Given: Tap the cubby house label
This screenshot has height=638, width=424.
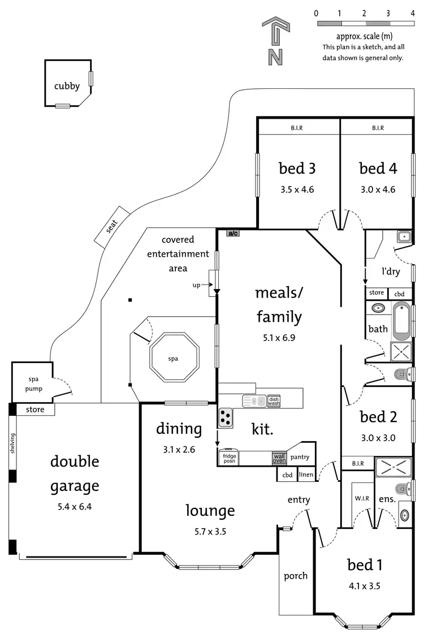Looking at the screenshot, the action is pyautogui.click(x=67, y=87).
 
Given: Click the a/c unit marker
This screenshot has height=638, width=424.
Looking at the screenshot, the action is pyautogui.click(x=232, y=232).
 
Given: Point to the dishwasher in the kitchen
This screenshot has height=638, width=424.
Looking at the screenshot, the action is pyautogui.click(x=274, y=401).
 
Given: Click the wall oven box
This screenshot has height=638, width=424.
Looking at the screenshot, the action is pyautogui.click(x=279, y=458).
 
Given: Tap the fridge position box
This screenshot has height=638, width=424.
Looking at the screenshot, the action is pyautogui.click(x=229, y=458).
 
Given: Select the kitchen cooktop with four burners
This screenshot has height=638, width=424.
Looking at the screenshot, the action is pyautogui.click(x=226, y=417).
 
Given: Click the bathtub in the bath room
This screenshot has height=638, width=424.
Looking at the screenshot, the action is pyautogui.click(x=403, y=320).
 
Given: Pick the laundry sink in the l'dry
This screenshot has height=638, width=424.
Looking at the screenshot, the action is pyautogui.click(x=404, y=236).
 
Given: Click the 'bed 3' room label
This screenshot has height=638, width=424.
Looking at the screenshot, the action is pyautogui.click(x=297, y=168).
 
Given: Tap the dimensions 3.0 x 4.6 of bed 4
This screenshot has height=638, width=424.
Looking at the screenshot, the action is pyautogui.click(x=378, y=190).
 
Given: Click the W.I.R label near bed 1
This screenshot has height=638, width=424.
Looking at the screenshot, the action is pyautogui.click(x=362, y=498).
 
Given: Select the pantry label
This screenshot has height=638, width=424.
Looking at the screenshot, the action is pyautogui.click(x=300, y=457).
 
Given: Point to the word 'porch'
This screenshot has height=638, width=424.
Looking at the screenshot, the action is pyautogui.click(x=296, y=576).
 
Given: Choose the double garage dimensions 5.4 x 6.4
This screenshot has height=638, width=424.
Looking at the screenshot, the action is pyautogui.click(x=74, y=507).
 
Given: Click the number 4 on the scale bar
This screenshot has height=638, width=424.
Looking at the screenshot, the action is pyautogui.click(x=412, y=13).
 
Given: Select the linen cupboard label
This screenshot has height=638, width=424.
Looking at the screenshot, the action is pyautogui.click(x=306, y=475).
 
